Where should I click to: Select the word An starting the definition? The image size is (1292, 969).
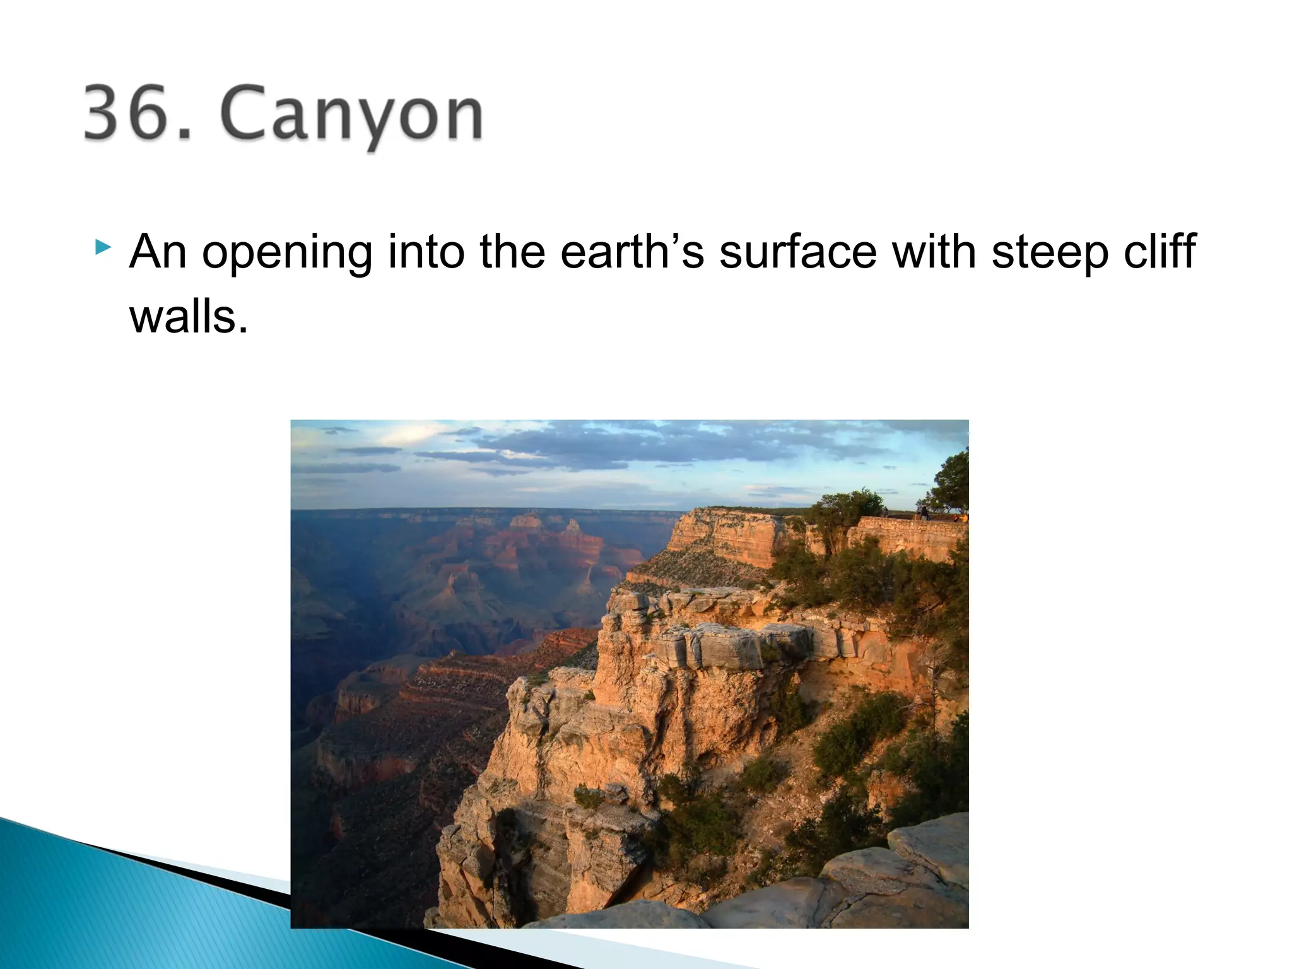coord(158,252)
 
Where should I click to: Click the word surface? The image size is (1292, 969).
coord(797,252)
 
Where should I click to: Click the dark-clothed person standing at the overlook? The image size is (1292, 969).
coord(924,513)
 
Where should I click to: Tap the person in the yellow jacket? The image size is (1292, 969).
coord(956,518)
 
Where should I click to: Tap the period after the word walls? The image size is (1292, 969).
coord(243,329)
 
